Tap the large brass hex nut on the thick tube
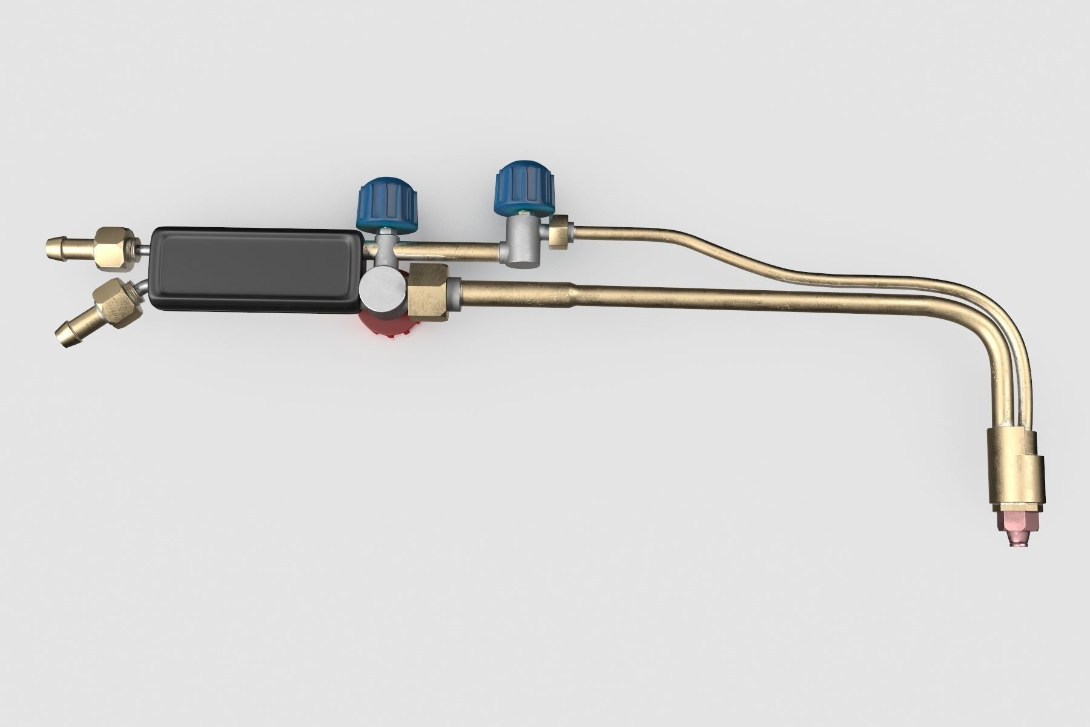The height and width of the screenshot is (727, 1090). pos(429,291)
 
